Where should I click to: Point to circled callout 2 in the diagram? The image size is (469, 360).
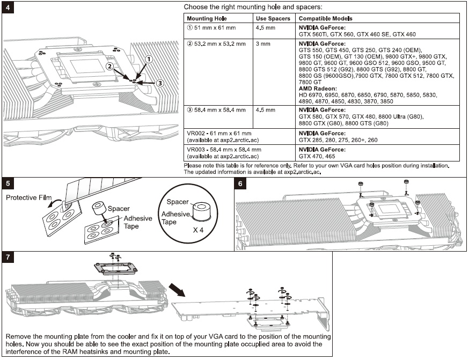click(109, 67)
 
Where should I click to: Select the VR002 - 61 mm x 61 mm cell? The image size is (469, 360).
click(218, 131)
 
